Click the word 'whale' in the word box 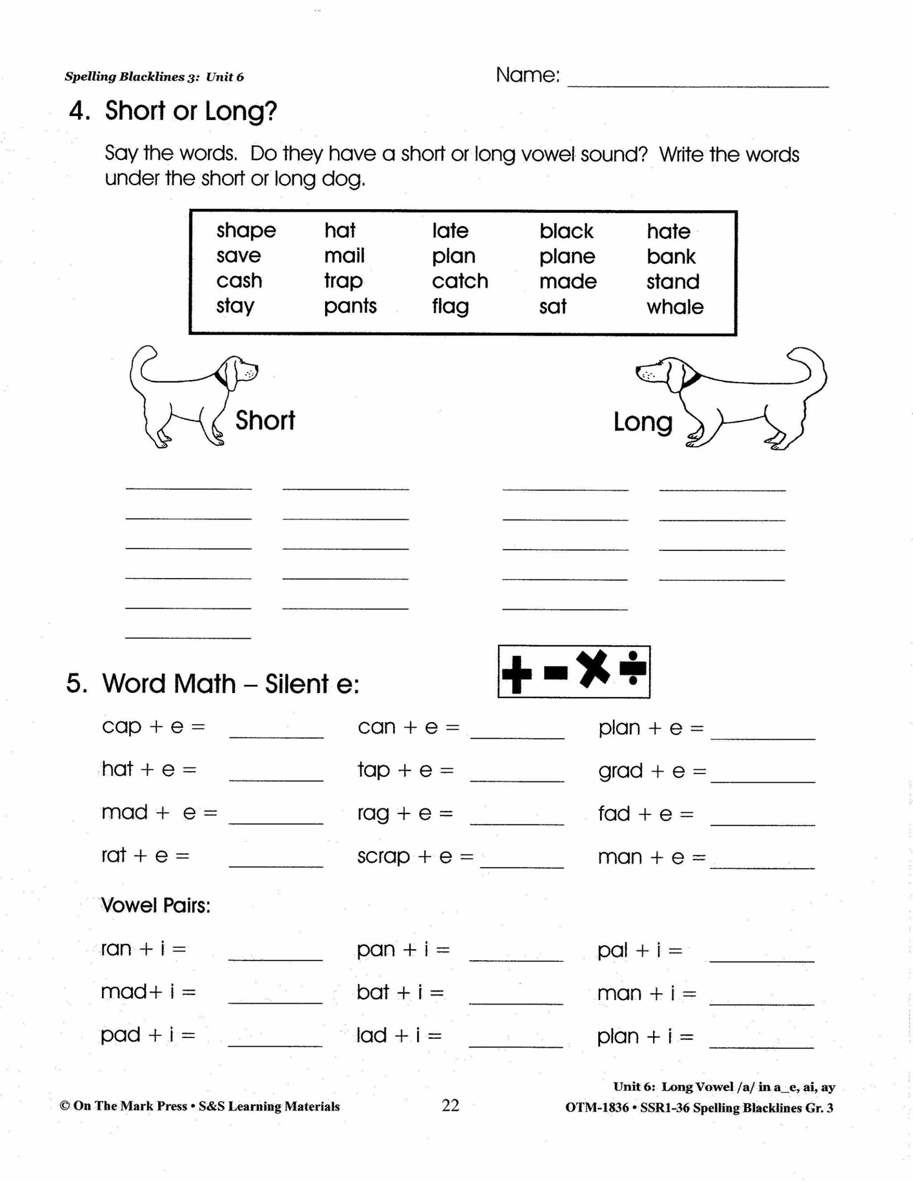[x=674, y=307]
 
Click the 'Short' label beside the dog [x=265, y=421]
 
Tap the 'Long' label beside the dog [x=643, y=422]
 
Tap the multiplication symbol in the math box [x=593, y=669]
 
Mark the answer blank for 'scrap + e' [x=522, y=862]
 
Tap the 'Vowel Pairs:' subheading [x=156, y=905]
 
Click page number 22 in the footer [x=450, y=1105]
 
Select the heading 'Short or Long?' [x=191, y=111]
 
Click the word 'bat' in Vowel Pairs [x=372, y=992]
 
